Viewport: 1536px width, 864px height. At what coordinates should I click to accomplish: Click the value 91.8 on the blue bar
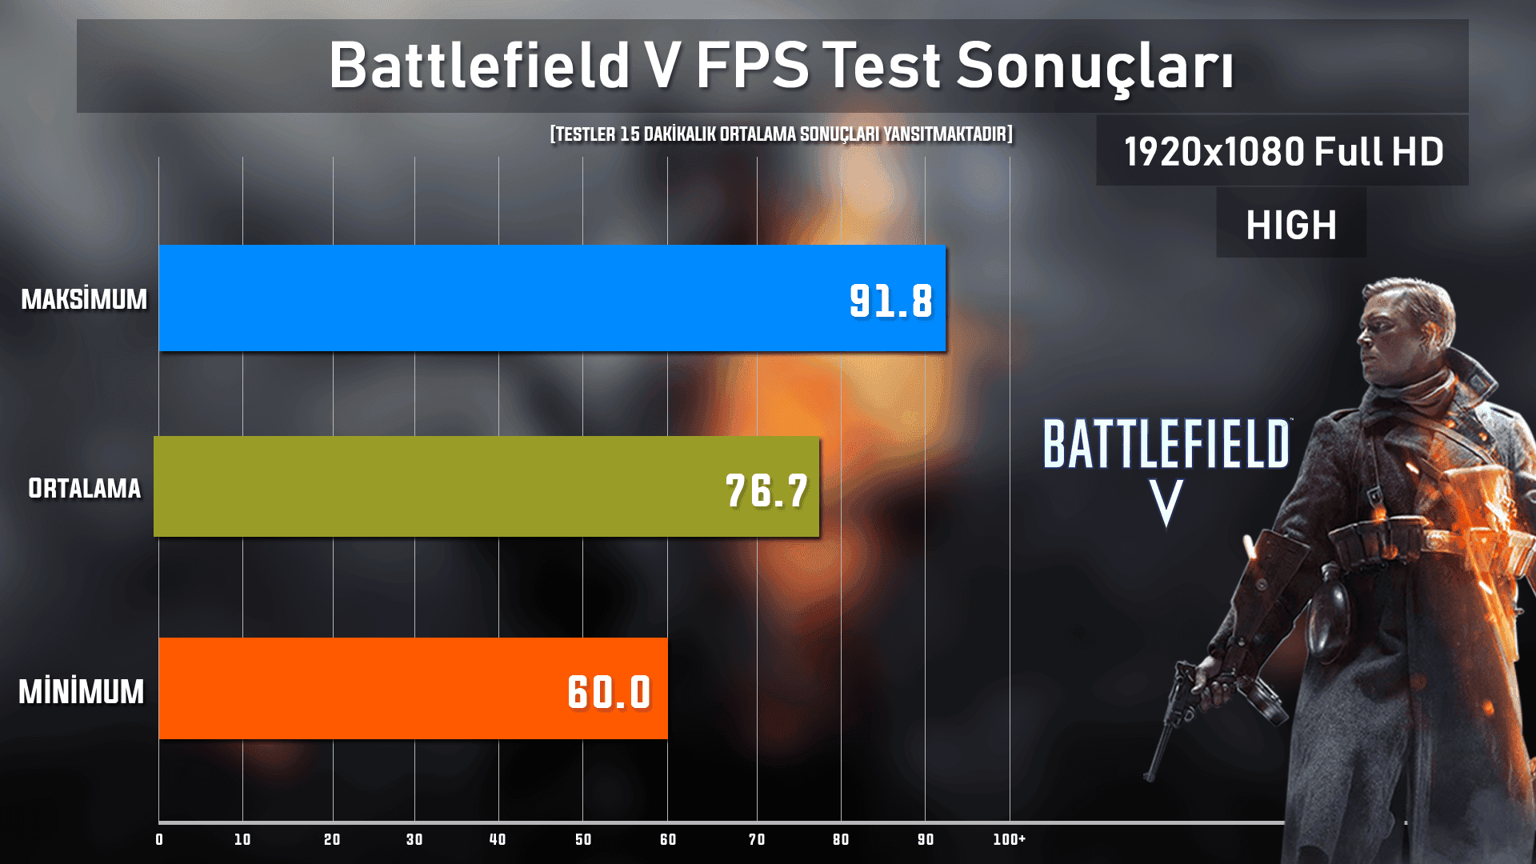tap(891, 302)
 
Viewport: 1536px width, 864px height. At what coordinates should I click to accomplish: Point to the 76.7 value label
tap(766, 490)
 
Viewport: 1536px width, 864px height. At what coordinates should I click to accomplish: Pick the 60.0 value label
tap(610, 692)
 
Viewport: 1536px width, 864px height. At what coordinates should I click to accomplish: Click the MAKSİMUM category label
tap(84, 299)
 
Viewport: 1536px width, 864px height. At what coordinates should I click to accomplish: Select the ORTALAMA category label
tap(84, 488)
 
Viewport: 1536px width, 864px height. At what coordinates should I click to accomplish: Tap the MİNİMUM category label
tap(82, 692)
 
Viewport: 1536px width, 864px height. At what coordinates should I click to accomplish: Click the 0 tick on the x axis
tap(159, 839)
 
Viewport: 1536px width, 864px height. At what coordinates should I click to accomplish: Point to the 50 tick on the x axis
tap(583, 839)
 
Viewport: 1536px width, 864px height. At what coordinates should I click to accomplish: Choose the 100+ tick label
tap(1009, 839)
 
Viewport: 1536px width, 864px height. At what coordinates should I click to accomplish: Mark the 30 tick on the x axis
tap(414, 839)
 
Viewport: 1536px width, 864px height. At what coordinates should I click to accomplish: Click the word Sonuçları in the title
tap(1095, 66)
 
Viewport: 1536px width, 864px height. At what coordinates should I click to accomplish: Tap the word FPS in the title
tap(752, 66)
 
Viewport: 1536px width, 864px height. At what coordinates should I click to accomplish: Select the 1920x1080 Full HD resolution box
tap(1282, 151)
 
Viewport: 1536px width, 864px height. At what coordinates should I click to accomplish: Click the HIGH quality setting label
tap(1291, 225)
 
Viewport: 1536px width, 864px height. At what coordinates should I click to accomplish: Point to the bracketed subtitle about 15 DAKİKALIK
tap(781, 134)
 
